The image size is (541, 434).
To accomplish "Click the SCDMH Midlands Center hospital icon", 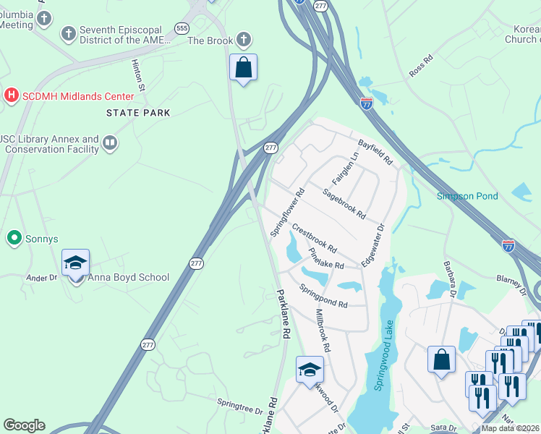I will (x=11, y=95).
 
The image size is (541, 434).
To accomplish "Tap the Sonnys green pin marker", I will (x=13, y=238).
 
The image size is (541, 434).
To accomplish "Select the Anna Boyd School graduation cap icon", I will (x=74, y=264).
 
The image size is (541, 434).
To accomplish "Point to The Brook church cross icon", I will (x=244, y=40).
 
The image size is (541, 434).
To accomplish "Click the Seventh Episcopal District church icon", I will (x=69, y=34).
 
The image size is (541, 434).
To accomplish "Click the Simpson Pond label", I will (x=467, y=196).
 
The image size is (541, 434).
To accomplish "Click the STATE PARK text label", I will (x=138, y=113).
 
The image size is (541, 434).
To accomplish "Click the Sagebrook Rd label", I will (x=344, y=204).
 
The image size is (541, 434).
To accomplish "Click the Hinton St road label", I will (x=138, y=75).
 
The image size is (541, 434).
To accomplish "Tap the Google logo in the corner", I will (x=24, y=425).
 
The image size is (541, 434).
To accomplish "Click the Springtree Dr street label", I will (x=239, y=405).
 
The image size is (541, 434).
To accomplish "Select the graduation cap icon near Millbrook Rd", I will (x=310, y=370).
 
